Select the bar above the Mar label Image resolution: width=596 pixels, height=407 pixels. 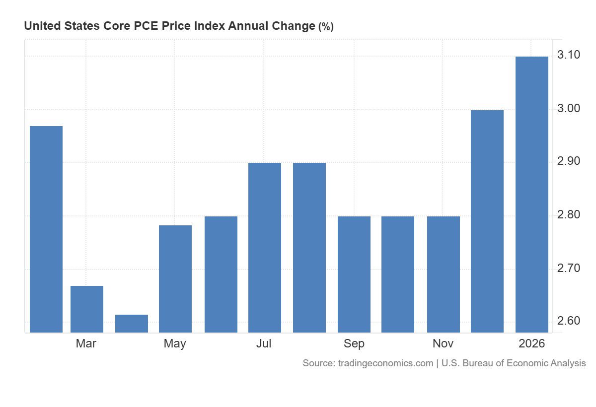coord(87,309)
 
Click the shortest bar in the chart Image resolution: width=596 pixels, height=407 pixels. coord(132,323)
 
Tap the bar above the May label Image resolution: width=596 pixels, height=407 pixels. coord(175,278)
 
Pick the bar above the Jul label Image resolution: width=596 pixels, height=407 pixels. coord(265,247)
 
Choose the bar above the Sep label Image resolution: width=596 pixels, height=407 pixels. coord(354,274)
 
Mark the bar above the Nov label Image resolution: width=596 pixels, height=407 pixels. coord(444,274)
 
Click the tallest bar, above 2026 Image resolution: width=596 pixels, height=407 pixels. coord(532,194)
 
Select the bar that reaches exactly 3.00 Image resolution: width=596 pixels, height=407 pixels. coord(487,221)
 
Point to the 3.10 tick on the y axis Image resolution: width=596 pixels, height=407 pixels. coord(569,55)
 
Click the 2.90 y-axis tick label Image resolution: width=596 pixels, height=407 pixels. coord(569,161)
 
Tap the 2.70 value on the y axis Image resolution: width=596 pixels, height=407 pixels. coord(569,269)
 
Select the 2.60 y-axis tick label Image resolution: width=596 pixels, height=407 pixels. coord(569,321)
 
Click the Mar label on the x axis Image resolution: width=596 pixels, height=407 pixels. coord(86,343)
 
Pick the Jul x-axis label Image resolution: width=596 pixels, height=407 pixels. coord(264,343)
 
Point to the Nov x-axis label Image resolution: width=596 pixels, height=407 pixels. coord(443,343)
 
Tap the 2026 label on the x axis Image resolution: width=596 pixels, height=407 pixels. coord(531,343)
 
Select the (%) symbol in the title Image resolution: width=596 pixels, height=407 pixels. coord(326,27)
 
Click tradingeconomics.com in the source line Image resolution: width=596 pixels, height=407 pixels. coord(385,363)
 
